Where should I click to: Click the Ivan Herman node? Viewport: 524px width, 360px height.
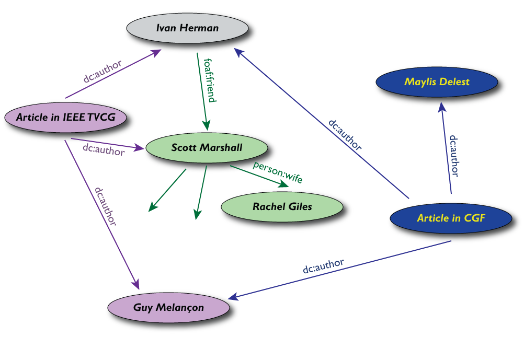[x=188, y=28]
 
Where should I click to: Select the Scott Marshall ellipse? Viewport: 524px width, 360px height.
[x=207, y=147]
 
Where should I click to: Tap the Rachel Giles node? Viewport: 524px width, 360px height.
[x=282, y=206]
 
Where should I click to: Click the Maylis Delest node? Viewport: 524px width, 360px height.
[x=437, y=82]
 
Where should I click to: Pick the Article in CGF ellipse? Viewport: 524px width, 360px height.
[x=451, y=218]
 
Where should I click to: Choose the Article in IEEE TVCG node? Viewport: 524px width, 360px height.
[x=65, y=118]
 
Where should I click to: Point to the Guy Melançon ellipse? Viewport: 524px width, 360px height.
[x=169, y=307]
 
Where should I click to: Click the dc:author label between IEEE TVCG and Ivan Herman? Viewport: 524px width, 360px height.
[x=103, y=72]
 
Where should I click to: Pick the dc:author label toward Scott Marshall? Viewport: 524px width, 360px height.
[x=104, y=149]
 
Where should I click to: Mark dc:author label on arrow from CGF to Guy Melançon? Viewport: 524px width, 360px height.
[x=323, y=266]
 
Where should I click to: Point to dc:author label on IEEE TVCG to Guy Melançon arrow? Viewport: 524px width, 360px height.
[x=105, y=205]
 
